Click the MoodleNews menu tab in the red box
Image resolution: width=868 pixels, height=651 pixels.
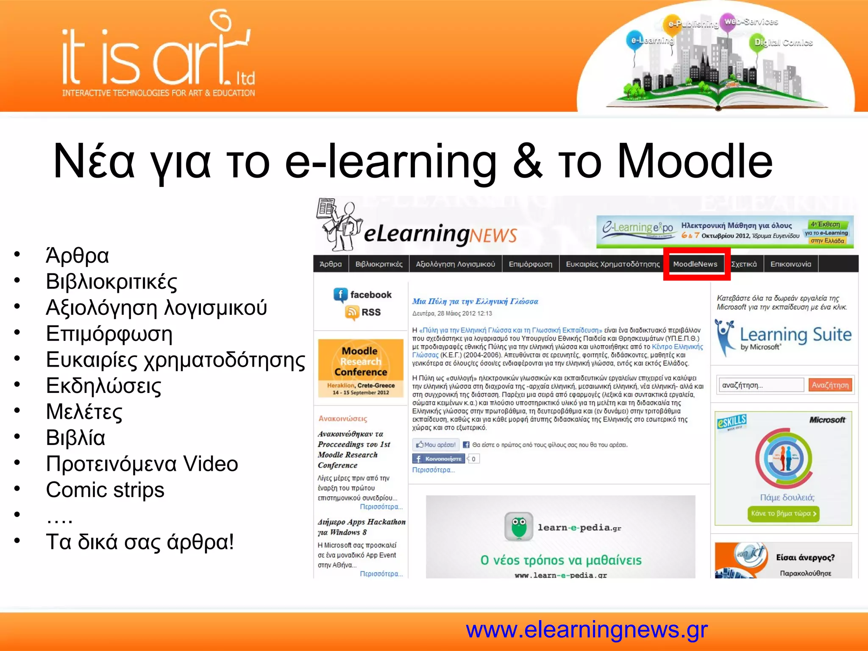[x=695, y=264]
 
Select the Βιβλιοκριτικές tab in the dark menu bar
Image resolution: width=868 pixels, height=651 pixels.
[x=378, y=264]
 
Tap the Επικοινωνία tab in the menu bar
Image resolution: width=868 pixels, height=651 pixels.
[x=790, y=264]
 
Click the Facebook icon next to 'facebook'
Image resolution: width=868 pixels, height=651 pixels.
[x=340, y=295]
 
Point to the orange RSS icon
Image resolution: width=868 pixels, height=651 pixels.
[x=352, y=312]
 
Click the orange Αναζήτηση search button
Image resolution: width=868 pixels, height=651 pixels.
[x=830, y=385]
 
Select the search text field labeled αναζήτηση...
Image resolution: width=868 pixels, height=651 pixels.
[x=761, y=385]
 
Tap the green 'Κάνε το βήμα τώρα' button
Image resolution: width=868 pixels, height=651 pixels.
[x=783, y=513]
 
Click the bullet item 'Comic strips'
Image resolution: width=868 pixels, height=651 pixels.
[x=105, y=490]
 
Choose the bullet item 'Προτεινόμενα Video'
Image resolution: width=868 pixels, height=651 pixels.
[x=142, y=464]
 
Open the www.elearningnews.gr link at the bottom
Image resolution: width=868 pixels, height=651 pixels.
[x=587, y=629]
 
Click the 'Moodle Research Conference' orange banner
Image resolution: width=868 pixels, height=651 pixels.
[x=361, y=368]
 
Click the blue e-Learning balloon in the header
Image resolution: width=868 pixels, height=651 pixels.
[x=634, y=40]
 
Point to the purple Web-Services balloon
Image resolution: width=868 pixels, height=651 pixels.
[x=730, y=22]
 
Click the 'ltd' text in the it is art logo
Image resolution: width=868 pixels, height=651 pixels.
[x=245, y=78]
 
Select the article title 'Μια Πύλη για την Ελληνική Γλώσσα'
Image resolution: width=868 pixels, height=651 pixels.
[x=475, y=301]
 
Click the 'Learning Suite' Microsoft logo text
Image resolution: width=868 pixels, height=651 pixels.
[x=795, y=335]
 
